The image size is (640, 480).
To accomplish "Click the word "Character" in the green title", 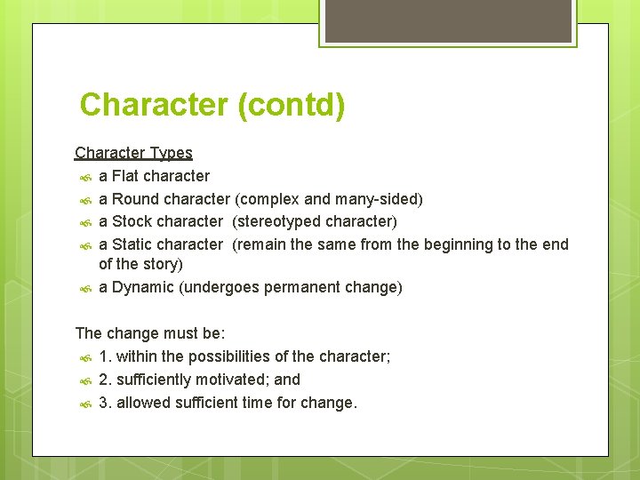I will pos(154,105).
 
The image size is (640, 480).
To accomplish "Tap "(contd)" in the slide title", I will pos(291,105).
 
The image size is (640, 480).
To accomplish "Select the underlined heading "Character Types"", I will pos(133,153).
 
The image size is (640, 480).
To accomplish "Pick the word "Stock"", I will pos(133,220).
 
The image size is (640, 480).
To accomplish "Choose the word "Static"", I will pos(133,244).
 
